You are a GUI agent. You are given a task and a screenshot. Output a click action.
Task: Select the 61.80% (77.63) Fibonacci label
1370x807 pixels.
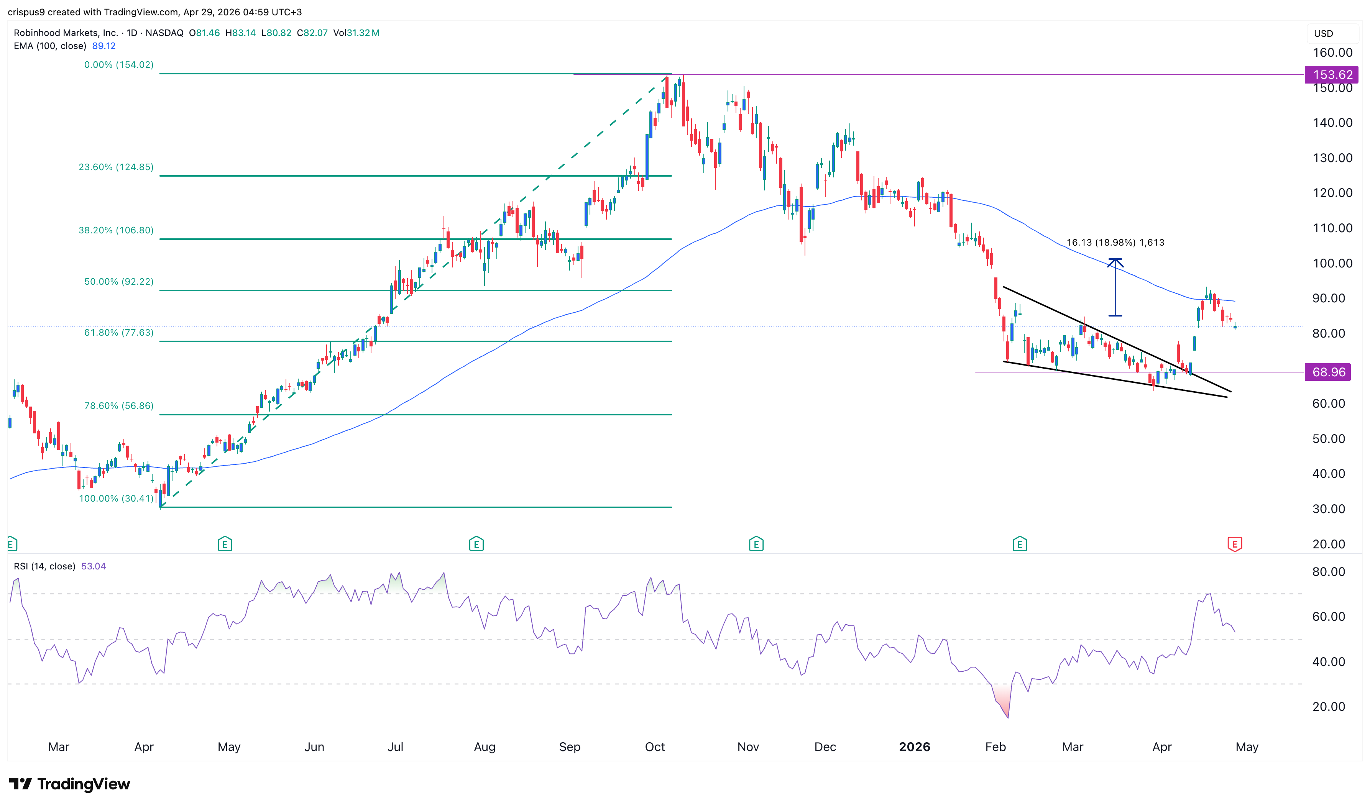[118, 333]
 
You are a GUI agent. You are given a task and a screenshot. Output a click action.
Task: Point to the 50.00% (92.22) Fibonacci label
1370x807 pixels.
[118, 282]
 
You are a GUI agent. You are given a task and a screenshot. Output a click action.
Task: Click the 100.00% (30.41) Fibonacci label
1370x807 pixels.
[116, 499]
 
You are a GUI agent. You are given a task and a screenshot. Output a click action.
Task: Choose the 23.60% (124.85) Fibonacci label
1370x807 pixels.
[116, 167]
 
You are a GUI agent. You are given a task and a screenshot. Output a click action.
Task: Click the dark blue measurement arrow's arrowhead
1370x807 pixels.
[1115, 262]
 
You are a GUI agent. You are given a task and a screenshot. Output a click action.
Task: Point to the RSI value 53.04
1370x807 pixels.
[93, 567]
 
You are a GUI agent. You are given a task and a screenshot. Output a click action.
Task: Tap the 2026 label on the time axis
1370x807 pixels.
[914, 747]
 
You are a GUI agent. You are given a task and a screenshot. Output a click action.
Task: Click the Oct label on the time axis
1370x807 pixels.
[655, 747]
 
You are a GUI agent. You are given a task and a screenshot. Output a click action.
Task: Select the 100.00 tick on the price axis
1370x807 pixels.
[1332, 264]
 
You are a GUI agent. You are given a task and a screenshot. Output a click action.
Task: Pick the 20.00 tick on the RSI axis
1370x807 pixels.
[1329, 707]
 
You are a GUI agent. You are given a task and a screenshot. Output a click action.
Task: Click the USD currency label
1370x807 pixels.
[1323, 34]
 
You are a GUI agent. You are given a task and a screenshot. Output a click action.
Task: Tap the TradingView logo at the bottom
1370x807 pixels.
[70, 784]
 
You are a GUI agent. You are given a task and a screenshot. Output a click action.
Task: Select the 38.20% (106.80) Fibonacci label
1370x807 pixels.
[116, 231]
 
